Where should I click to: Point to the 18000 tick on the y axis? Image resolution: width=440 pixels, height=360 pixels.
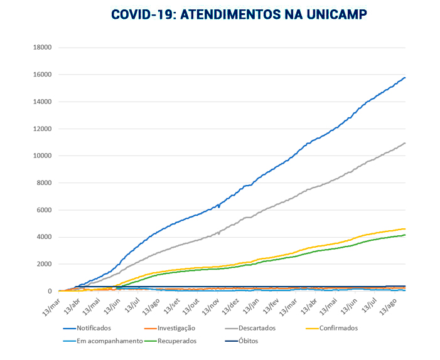41,48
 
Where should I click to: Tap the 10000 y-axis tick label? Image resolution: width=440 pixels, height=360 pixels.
41,156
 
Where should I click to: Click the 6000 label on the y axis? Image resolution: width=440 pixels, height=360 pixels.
43,210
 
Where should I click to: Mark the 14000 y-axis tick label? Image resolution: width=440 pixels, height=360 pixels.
41,102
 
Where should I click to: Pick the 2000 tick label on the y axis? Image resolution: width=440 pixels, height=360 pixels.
43,264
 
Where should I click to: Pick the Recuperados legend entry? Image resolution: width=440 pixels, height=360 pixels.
176,341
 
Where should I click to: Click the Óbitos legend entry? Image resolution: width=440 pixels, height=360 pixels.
248,341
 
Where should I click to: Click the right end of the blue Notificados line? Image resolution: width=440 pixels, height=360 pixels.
405,77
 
